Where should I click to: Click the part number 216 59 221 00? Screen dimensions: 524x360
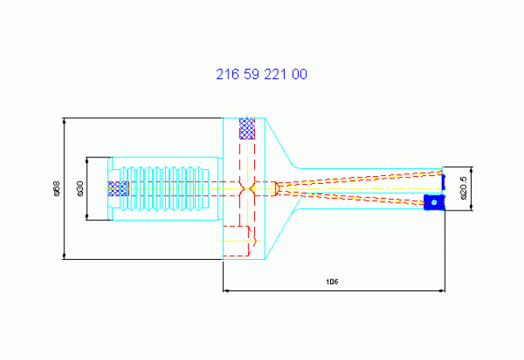click(261, 74)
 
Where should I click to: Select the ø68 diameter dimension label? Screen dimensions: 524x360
click(57, 189)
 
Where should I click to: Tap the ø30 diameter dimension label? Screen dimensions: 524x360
click(81, 189)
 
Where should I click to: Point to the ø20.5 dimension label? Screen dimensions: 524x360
click(464, 188)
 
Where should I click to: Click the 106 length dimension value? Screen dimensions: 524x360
click(332, 282)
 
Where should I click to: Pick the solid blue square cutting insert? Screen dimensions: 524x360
click(434, 202)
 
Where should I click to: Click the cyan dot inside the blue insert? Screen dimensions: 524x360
click(434, 202)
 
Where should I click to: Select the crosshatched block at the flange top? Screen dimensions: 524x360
click(247, 128)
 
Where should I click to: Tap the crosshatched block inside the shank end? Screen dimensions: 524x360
click(117, 189)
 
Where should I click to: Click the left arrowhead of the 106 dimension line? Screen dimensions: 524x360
click(225, 291)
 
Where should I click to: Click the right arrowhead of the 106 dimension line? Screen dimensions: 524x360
click(442, 291)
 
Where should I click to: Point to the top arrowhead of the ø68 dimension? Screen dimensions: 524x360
click(64, 121)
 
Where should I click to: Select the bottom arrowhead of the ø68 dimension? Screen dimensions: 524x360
click(64, 257)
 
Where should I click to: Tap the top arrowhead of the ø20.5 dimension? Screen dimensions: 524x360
click(471, 170)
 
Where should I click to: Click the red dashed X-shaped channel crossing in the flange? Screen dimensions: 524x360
click(247, 189)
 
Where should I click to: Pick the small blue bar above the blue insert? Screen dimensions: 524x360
click(443, 182)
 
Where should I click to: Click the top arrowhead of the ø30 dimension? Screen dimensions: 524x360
click(88, 160)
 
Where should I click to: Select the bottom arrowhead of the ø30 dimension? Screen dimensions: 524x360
click(88, 218)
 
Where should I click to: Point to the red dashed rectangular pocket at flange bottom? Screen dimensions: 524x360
click(236, 241)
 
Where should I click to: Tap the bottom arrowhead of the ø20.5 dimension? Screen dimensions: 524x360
click(471, 207)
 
